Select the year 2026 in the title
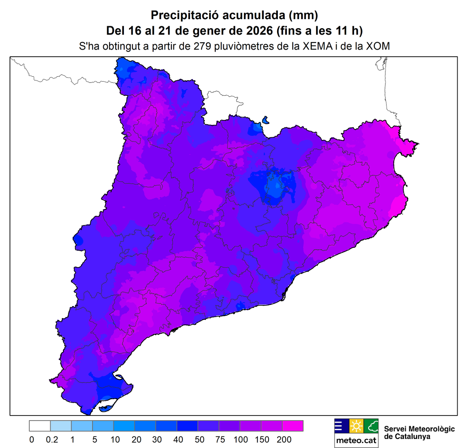point(260,30)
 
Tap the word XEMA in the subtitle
point(317,46)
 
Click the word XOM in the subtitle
point(378,46)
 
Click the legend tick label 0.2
point(52,439)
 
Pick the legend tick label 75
point(220,439)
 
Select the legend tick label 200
point(284,439)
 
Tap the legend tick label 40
point(178,439)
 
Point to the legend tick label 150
point(262,439)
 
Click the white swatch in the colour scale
point(40,426)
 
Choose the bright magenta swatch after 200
point(293,426)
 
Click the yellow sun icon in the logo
point(356,426)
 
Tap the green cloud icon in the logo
point(371,426)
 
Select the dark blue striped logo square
point(342,426)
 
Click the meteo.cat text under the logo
point(356,441)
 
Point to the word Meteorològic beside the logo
point(430,429)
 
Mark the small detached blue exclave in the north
point(266,120)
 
